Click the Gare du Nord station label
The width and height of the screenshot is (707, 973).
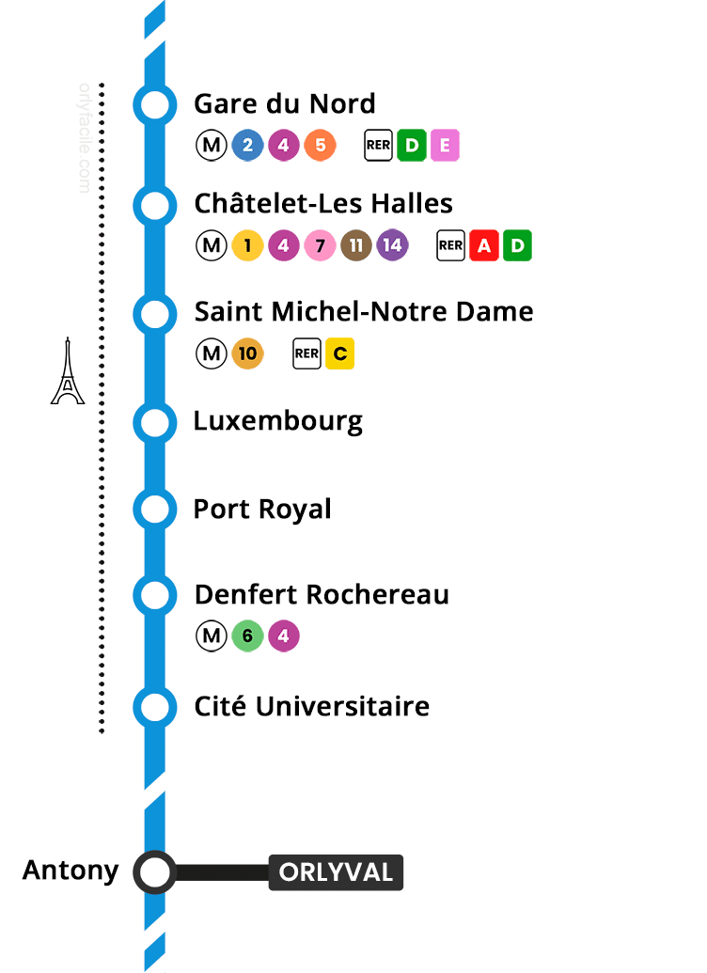(x=284, y=103)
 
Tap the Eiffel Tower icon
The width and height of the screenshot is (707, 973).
(x=67, y=372)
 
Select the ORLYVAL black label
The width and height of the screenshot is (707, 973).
(x=336, y=872)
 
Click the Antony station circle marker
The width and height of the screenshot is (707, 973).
(x=154, y=872)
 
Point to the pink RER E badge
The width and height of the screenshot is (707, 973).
(x=445, y=146)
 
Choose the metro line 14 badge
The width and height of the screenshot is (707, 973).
(x=392, y=246)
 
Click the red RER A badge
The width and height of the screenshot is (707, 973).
(x=483, y=246)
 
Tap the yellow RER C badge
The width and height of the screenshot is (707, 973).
(x=339, y=354)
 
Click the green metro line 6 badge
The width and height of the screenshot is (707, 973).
(x=247, y=636)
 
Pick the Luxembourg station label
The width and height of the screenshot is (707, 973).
(x=277, y=420)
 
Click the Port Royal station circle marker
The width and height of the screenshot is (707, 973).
(x=154, y=509)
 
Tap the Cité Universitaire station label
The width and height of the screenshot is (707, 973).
(x=311, y=706)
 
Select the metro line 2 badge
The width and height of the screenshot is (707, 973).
(x=247, y=146)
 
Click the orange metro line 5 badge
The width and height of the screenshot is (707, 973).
(x=320, y=146)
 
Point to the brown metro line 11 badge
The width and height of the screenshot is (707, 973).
(x=356, y=246)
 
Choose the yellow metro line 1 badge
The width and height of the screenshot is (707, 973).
(x=247, y=246)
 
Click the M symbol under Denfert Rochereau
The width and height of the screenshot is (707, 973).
(x=212, y=636)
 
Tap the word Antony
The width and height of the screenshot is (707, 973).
(x=71, y=871)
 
